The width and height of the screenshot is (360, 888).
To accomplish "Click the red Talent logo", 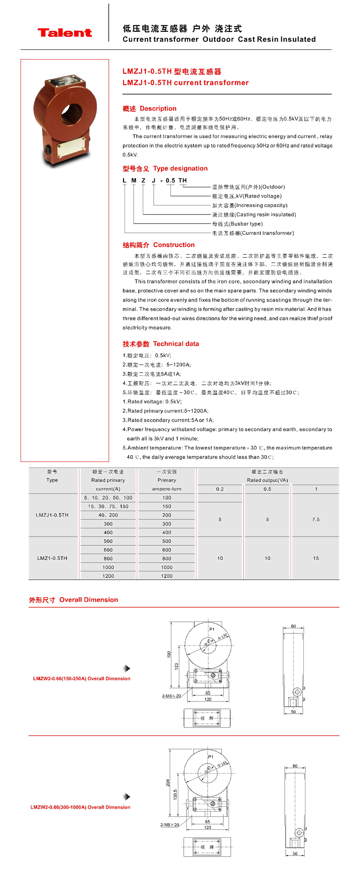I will coord(64,33).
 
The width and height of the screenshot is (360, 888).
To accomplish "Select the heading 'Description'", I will coord(158,109).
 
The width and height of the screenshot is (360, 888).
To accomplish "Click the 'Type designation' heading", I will coord(180,169).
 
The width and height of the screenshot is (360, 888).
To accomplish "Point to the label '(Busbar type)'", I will coord(246,224).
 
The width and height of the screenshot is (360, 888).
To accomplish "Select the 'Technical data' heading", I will coord(176,344).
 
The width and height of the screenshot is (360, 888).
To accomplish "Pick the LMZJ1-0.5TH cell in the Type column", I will coord(52,515).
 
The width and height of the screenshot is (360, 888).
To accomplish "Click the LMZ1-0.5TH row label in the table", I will coord(52,558).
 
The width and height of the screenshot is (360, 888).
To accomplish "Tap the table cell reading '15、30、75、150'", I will coord(108,506).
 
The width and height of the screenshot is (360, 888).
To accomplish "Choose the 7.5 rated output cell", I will coord(316,520).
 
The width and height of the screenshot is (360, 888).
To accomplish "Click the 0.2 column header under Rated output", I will coord(220,489).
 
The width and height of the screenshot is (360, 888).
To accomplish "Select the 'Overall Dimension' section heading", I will coord(88,600).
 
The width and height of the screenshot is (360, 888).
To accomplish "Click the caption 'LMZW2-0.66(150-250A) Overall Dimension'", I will coord(82,678).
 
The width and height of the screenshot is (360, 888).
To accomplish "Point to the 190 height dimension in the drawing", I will coord(169,654).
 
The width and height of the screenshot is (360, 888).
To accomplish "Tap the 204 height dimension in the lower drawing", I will coord(168,783).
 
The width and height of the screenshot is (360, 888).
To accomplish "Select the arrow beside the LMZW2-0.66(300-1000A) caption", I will coord(127,797).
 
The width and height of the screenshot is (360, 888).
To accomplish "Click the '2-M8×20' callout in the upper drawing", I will coord(171,696).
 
